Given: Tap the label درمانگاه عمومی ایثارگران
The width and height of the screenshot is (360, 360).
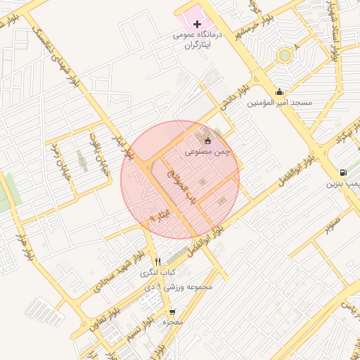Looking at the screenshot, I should pos(198,39).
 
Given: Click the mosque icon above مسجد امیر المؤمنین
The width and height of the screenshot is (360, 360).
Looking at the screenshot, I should pos(280,91).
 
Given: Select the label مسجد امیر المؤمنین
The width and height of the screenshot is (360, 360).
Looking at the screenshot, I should pos(279,103).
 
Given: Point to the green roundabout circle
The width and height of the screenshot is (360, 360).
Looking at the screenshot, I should pos(284,55).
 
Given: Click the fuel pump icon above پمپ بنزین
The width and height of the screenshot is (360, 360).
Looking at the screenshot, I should pos(342,172).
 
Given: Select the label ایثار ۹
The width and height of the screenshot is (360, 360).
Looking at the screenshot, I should pos(160,215).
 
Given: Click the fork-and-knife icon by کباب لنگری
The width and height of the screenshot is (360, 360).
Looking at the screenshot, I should pos(157,262).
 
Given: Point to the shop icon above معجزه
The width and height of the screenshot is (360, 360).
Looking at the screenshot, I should pos(172,312).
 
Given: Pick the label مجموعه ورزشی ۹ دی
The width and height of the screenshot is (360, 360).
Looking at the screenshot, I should pos(184,287).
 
